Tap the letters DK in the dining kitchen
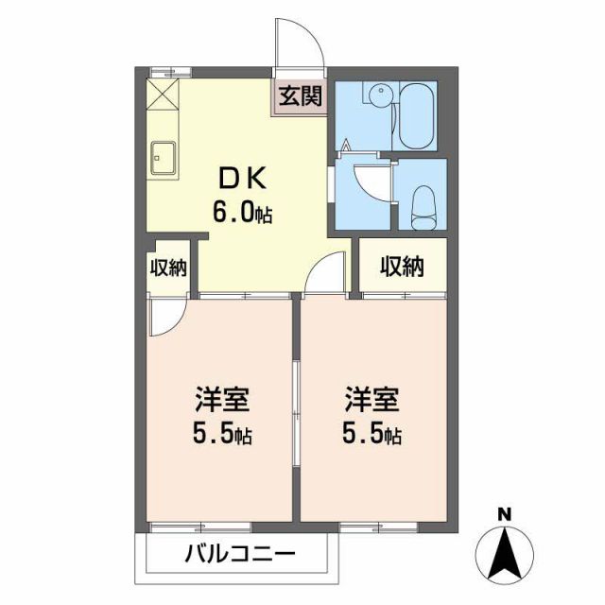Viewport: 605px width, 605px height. [245, 178]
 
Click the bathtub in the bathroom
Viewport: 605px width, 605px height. [415, 116]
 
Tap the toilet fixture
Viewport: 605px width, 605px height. [423, 204]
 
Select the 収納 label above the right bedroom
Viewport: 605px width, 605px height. [402, 268]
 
